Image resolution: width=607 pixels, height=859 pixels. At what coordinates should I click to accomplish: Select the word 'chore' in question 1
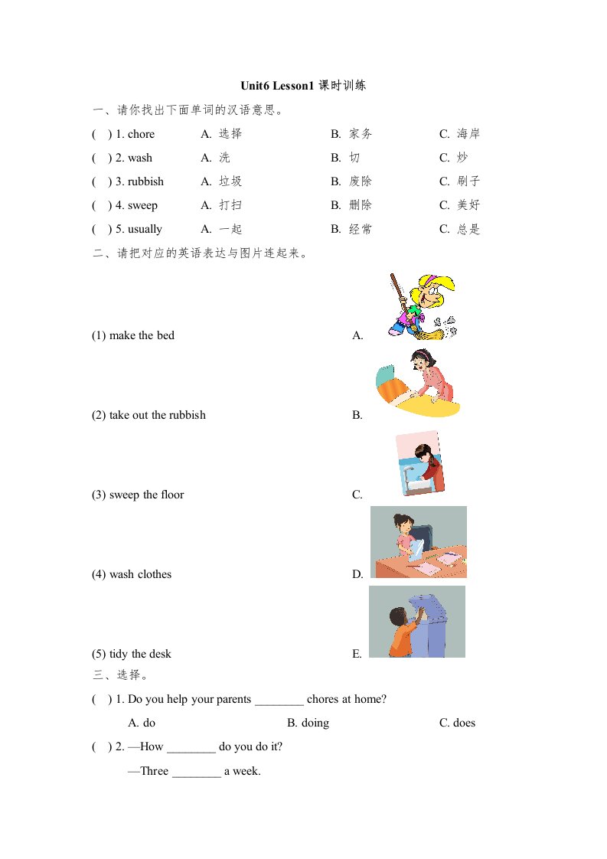[x=141, y=135]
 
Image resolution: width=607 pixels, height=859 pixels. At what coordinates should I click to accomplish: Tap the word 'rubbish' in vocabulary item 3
[x=145, y=182]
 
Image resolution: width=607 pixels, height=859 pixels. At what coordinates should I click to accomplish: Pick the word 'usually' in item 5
[x=145, y=230]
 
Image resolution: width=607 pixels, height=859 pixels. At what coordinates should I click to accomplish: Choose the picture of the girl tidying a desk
[x=418, y=542]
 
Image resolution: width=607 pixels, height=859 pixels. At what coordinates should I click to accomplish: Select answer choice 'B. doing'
[x=308, y=723]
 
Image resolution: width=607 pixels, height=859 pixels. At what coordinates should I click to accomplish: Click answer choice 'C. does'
[x=457, y=723]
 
